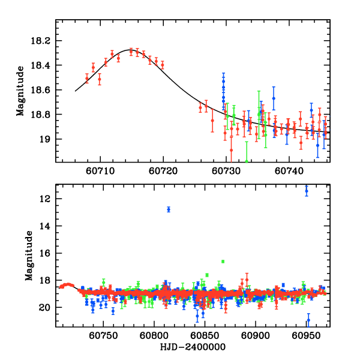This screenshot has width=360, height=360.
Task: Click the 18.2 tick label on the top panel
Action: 43,41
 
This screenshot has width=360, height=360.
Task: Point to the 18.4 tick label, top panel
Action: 43,65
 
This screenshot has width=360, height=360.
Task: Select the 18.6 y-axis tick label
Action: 43,90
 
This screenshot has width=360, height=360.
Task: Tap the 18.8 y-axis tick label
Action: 43,115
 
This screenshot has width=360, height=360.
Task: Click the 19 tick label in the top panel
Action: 46,139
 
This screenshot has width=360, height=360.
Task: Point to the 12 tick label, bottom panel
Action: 46,199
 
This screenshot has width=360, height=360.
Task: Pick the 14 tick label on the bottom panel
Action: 46,226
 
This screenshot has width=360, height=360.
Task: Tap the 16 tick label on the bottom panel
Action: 46,253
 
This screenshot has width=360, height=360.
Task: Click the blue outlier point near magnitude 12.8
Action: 169,209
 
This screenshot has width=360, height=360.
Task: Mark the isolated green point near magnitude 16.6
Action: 223,262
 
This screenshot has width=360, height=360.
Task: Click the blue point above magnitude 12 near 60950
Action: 307,191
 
